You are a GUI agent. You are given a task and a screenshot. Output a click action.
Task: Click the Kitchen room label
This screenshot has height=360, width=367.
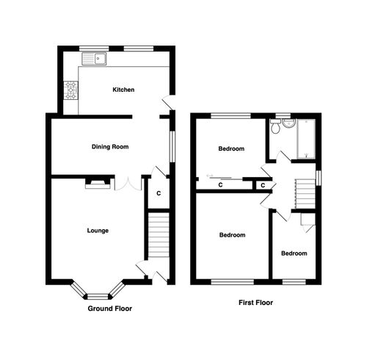[123, 90]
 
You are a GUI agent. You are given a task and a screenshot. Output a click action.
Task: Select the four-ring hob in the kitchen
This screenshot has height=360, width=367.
[71, 90]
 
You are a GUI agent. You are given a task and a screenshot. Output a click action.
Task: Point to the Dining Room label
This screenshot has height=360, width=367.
[110, 147]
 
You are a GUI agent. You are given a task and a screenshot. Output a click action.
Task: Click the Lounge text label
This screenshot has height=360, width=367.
[97, 231]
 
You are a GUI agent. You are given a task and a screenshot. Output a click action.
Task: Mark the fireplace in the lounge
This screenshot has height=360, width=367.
[98, 184]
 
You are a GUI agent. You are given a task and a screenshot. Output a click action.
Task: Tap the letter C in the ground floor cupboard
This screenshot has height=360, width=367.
[158, 194]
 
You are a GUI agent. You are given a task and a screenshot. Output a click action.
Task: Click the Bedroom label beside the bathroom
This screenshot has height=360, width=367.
[231, 149]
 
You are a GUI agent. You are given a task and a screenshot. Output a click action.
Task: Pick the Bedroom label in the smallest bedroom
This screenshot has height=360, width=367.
[294, 253]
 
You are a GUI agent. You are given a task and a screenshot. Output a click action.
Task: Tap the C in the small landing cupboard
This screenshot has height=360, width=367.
[262, 186]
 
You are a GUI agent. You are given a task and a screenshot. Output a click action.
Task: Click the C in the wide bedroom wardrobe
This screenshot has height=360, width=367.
[221, 186]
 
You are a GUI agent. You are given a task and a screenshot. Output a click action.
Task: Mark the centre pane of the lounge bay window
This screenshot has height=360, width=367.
[97, 296]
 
